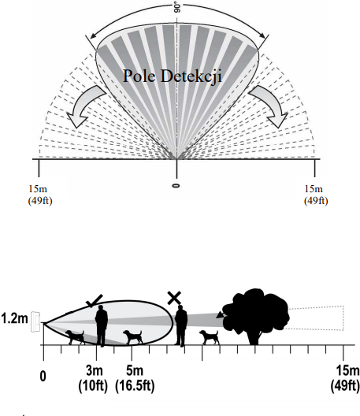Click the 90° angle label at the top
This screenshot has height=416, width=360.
click(177, 8)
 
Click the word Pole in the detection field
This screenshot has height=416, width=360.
click(139, 76)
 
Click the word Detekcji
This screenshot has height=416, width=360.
click(191, 76)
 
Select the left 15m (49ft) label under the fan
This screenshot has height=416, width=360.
click(40, 195)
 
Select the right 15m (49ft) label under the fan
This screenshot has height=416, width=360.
click(316, 195)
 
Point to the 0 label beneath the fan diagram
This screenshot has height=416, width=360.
click(176, 186)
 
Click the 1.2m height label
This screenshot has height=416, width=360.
click(14, 318)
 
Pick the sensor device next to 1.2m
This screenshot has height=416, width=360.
click(35, 321)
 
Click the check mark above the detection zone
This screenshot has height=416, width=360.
click(95, 301)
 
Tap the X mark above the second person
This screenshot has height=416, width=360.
click(174, 298)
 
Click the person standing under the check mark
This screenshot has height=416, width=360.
click(102, 325)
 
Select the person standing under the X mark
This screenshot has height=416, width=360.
click(181, 326)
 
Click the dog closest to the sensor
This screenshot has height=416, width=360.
click(75, 337)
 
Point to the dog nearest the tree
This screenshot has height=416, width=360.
click(210, 337)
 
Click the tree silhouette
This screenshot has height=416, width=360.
click(255, 317)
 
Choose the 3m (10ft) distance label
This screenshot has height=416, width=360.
click(93, 379)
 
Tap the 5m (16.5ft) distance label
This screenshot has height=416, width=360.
click(135, 379)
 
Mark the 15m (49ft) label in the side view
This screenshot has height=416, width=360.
click(345, 379)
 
